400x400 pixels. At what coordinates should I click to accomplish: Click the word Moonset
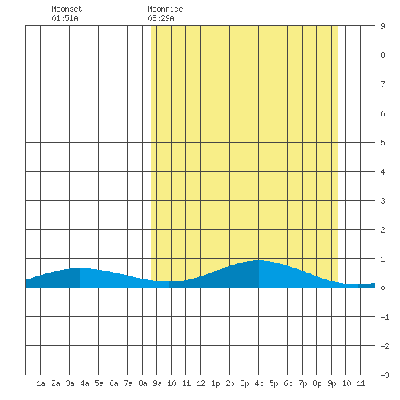[x=67, y=9]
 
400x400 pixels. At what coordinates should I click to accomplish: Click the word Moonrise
[x=165, y=9]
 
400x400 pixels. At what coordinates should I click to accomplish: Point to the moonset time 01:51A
[x=65, y=18]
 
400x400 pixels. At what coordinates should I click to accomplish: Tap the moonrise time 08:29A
[x=161, y=18]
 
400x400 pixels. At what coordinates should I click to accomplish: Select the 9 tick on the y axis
[x=383, y=26]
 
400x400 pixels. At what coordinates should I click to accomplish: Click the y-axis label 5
[x=383, y=143]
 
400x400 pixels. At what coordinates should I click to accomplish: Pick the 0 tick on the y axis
[x=383, y=288]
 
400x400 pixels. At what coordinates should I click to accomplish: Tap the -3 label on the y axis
[x=385, y=375]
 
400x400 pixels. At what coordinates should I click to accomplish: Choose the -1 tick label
[x=385, y=317]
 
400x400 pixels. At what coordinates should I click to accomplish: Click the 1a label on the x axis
[x=41, y=383]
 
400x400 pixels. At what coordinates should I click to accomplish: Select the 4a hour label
[x=84, y=383]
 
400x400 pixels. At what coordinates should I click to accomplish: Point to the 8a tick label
[x=143, y=383]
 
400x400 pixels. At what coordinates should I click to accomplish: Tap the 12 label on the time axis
[x=201, y=383]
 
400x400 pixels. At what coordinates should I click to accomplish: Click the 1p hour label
[x=215, y=383]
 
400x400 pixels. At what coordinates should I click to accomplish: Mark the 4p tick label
[x=259, y=383]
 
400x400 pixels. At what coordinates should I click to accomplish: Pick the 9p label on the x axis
[x=332, y=383]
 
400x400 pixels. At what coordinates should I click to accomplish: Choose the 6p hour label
[x=288, y=383]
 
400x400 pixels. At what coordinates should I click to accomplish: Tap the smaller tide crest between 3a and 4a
[x=80, y=268]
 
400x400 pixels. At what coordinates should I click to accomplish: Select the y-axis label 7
[x=383, y=84]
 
